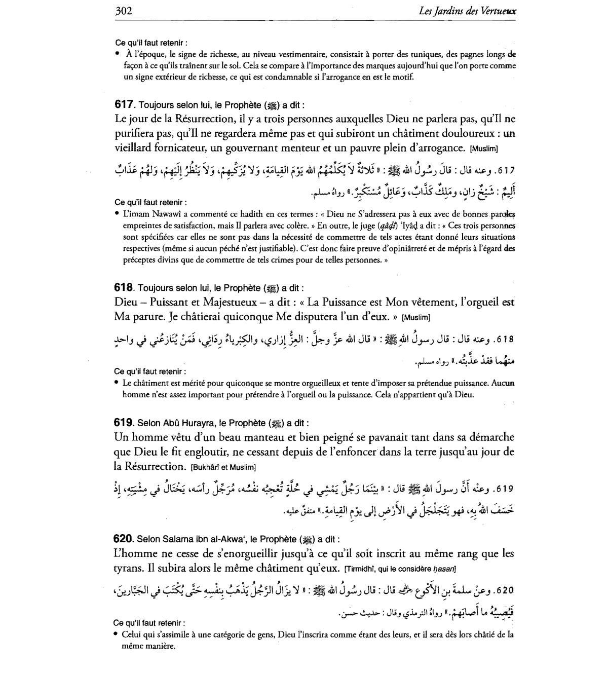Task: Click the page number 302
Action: (124, 11)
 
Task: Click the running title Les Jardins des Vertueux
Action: (467, 11)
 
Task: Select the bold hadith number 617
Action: (124, 105)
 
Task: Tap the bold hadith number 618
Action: (124, 288)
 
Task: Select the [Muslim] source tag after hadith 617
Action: (484, 148)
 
